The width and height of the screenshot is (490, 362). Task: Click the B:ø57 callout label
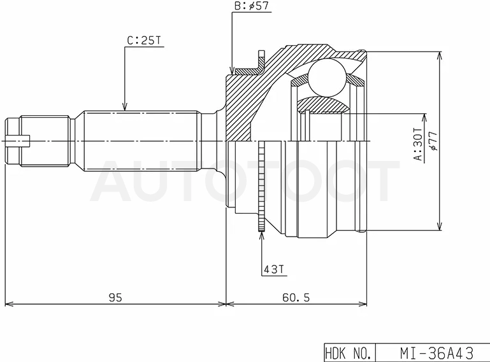coord(252,6)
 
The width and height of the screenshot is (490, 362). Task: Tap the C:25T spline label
coord(144,41)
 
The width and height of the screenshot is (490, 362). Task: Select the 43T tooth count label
coord(274,269)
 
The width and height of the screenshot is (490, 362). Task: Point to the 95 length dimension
coord(115,297)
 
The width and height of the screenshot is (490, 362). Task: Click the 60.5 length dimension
coord(296,297)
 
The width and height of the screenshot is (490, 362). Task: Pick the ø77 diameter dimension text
coord(434,141)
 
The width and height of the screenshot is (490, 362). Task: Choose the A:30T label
coord(418,144)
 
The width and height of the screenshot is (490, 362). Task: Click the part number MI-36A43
coord(436,353)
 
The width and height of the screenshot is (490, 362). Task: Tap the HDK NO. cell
coord(349,353)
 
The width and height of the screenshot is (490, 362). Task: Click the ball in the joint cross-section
coord(328,77)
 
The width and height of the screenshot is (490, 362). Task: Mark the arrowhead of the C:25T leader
coord(125,107)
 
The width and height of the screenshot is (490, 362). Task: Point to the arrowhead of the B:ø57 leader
coord(231,71)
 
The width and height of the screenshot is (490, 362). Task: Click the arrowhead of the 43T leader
coord(261,236)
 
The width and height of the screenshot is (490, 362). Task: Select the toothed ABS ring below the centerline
coord(261,186)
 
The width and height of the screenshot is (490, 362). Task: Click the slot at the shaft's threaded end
coord(18,141)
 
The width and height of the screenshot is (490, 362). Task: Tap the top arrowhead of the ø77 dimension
coord(440,56)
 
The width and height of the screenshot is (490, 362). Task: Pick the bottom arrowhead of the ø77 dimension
coord(440,226)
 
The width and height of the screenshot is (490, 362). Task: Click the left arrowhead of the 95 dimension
coord(10,303)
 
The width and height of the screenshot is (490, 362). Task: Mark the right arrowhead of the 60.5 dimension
coord(363,303)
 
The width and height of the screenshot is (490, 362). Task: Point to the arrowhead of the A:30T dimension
coord(424,118)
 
